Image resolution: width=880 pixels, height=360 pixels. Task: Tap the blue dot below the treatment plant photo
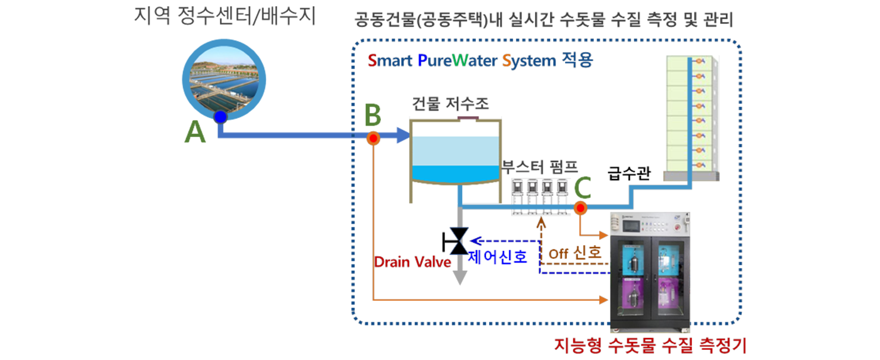220,117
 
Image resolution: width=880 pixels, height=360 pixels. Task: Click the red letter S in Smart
372,61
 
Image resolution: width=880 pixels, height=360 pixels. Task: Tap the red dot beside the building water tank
373,138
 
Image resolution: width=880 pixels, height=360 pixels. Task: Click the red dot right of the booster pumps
580,209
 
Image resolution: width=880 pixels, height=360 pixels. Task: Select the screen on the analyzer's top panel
636,224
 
